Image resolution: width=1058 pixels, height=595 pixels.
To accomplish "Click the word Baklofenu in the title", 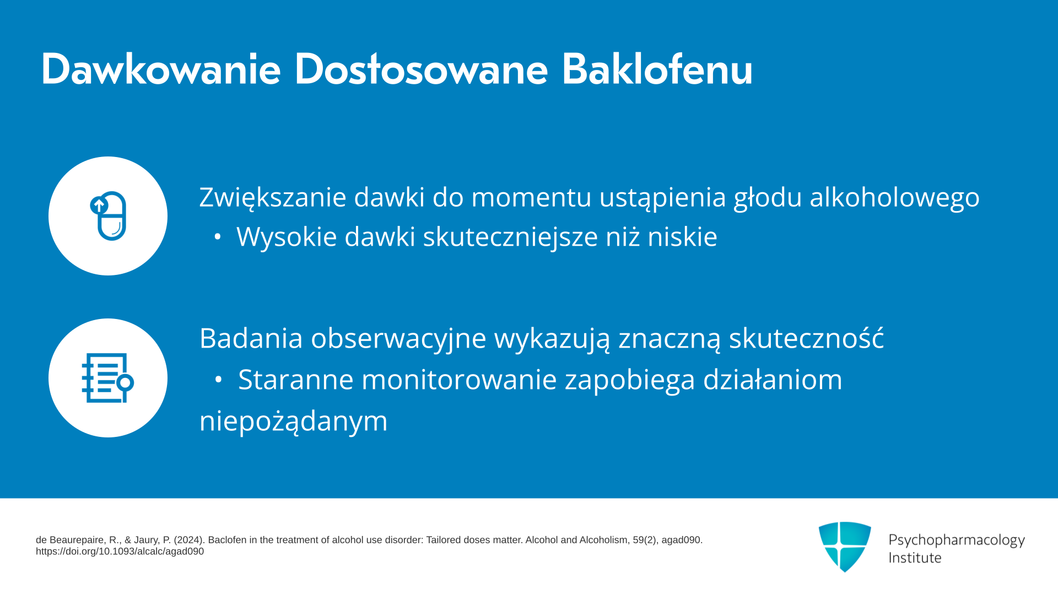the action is pos(657,69).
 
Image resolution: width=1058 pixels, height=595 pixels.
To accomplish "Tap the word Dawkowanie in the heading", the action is pos(161,69).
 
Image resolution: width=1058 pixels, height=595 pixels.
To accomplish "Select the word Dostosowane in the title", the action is pos(421,69).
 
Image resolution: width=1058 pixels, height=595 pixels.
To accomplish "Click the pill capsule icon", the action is pos(109,216).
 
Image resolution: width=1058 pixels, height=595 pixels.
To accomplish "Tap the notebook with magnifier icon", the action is pos(108,378).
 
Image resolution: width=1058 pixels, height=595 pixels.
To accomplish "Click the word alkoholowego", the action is pos(894,197).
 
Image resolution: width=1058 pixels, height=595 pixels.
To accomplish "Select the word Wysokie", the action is pos(287,237).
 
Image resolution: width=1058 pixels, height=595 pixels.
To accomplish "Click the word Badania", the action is pos(251,338).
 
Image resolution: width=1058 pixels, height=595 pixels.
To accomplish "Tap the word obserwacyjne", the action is pos(398,339).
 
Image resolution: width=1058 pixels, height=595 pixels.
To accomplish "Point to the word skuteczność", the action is pos(807,338).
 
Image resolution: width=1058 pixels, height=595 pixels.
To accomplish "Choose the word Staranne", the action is pos(295,380).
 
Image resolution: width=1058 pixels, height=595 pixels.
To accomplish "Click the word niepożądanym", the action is pos(294,421).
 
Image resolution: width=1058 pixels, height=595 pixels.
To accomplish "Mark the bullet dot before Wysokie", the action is pos(218,237).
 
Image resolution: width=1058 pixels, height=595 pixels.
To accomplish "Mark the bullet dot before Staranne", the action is pos(218,380).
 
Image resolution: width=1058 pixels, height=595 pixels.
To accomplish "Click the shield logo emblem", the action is pos(845,547).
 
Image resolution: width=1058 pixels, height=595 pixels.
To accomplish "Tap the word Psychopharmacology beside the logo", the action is pos(957,540).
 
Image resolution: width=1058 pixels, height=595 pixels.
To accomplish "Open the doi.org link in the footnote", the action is pos(120,551).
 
